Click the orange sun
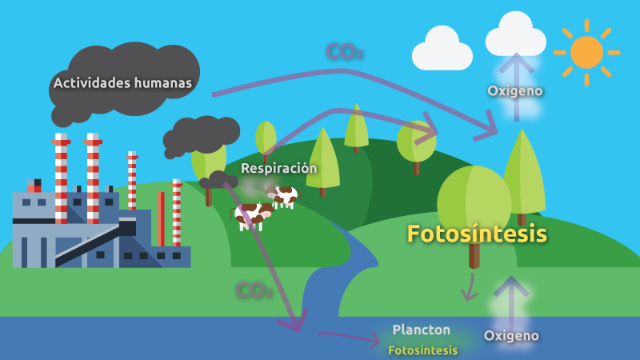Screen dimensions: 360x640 click(586, 52)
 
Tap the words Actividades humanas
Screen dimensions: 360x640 click(122, 82)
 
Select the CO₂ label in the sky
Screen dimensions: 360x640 click(345, 52)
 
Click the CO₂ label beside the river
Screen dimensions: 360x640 click(254, 290)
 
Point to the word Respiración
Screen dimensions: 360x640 click(278, 168)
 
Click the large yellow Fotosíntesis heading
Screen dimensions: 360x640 click(477, 234)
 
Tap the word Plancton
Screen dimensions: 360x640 click(421, 330)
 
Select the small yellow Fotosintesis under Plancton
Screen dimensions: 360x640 click(422, 350)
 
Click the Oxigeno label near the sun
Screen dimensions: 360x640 click(515, 90)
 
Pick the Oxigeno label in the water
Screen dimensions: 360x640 click(511, 335)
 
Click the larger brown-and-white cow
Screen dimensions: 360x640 click(251, 214)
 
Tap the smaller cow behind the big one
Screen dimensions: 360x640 click(284, 194)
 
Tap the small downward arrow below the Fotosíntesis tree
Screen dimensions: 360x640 click(470, 287)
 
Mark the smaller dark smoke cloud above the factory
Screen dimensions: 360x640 click(202, 134)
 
